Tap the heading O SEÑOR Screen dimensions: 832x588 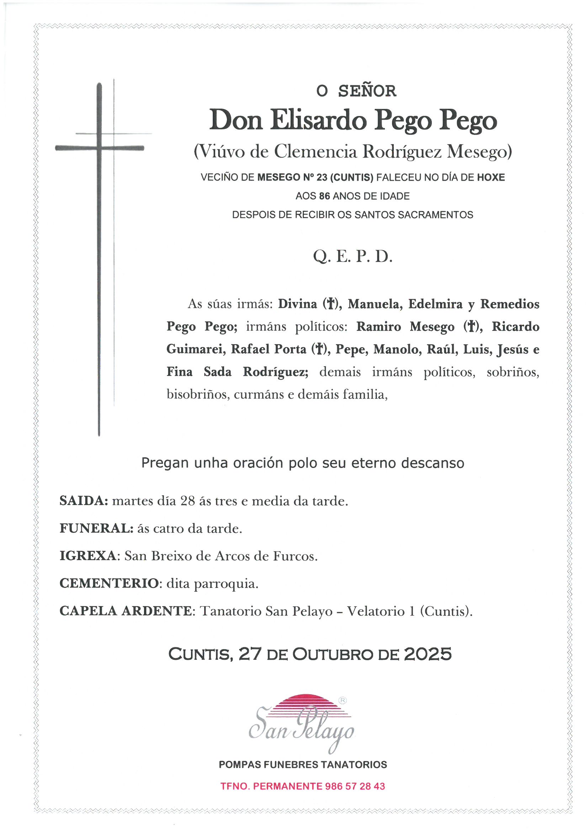coord(356,91)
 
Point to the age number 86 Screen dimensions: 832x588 coord(324,196)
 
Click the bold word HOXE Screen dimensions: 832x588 coord(491,178)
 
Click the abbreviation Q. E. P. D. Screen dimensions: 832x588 coord(353,257)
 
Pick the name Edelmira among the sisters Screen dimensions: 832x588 coord(435,304)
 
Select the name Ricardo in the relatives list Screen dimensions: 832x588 coord(515,326)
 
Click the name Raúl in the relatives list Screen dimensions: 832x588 coord(441,349)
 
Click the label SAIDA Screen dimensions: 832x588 coord(84,501)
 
